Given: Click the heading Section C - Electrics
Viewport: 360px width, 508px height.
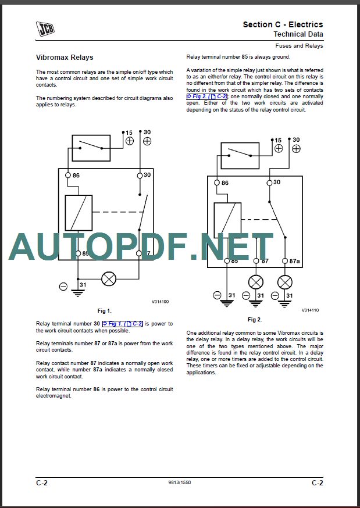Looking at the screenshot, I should (283, 24).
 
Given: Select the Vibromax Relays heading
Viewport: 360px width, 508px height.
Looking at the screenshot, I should (65, 58).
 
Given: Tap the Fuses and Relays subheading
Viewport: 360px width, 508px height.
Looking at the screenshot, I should (299, 45).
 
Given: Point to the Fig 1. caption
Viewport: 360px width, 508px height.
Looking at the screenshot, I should (105, 311).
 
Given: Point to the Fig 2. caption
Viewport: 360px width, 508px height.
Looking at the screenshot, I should (255, 319).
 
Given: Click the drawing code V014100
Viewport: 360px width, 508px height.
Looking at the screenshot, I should (161, 302).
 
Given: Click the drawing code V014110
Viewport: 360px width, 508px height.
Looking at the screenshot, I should (310, 310).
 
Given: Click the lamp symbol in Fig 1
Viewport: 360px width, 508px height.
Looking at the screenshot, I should (108, 278).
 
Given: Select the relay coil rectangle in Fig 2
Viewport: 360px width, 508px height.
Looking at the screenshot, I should (228, 218).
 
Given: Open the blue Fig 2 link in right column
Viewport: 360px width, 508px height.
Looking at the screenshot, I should (206, 96).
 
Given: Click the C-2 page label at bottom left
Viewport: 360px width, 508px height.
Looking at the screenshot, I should (42, 483).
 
